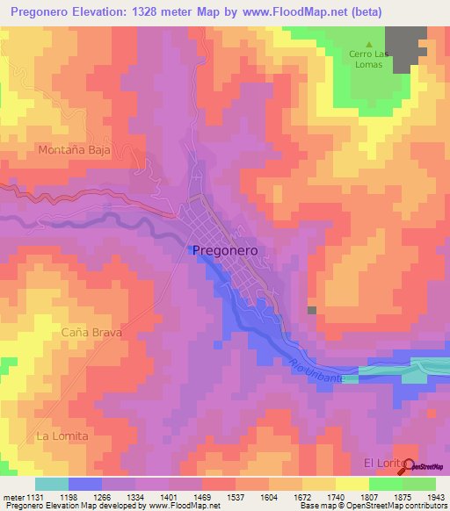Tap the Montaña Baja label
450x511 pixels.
[x=74, y=150]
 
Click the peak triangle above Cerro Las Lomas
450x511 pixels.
[x=369, y=44]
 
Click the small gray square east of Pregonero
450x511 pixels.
[x=311, y=310]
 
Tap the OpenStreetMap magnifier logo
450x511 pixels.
[x=410, y=467]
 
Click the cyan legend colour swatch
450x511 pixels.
[x=51, y=484]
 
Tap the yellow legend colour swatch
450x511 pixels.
[x=352, y=484]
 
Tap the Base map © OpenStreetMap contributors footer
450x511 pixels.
[x=373, y=507]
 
